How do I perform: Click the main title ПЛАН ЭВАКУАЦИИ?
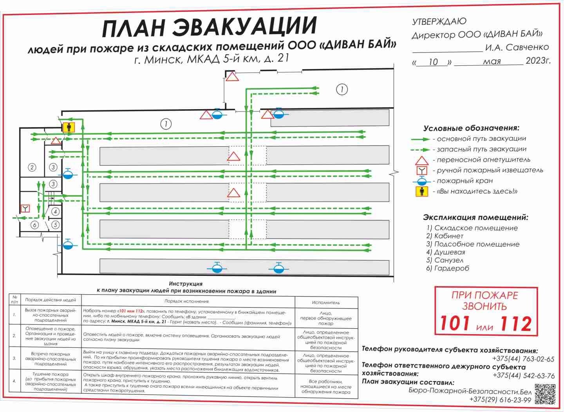point(209,27)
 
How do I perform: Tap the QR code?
point(545,394)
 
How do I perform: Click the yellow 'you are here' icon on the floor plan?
point(69,127)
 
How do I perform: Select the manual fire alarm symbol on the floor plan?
point(25,208)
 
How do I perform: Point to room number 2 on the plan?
point(32,167)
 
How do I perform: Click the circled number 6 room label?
point(34,225)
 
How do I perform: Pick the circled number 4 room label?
point(55,212)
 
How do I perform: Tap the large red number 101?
point(455,323)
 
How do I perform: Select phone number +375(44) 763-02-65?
point(523,359)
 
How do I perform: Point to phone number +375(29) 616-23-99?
point(500,400)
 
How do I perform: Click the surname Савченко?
point(527,47)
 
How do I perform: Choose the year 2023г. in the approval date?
point(538,61)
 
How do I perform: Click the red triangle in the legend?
point(421,160)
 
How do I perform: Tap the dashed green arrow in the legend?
point(421,149)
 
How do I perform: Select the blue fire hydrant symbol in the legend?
point(421,181)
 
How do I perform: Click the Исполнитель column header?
point(326,302)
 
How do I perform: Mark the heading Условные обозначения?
point(471,128)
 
